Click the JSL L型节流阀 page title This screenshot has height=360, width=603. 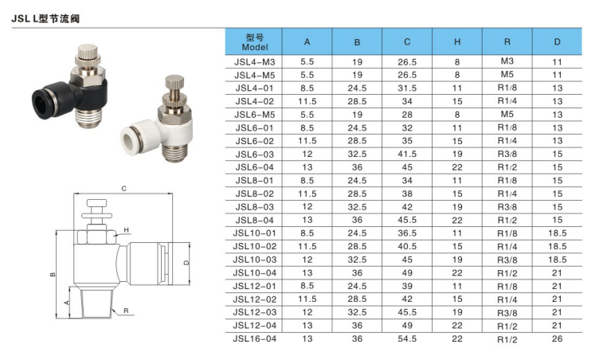click(x=45, y=18)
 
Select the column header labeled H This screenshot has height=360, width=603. click(x=457, y=41)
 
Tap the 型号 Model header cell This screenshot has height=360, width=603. click(x=254, y=41)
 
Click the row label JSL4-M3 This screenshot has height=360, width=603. click(x=255, y=62)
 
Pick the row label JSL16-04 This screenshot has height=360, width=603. click(x=255, y=338)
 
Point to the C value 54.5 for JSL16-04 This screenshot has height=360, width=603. click(x=407, y=338)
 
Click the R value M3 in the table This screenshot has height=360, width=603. click(x=507, y=61)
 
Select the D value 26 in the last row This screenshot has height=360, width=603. click(x=557, y=338)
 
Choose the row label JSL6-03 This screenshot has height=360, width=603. click(x=255, y=155)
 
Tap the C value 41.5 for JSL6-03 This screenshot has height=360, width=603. click(x=407, y=155)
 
